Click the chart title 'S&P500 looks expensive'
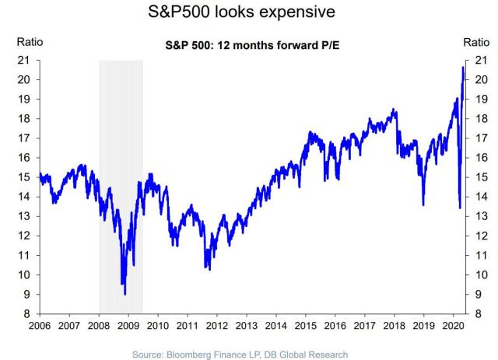point(248,13)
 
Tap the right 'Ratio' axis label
point(476,42)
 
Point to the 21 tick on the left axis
point(23,60)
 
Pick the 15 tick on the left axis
point(23,177)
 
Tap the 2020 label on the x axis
point(453,326)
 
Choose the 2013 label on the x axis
point(246,326)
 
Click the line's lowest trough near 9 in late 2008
point(124,294)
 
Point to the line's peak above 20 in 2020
point(463,68)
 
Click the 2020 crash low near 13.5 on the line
point(459,207)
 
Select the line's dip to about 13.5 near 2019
point(423,204)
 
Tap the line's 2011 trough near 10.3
point(209,269)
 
